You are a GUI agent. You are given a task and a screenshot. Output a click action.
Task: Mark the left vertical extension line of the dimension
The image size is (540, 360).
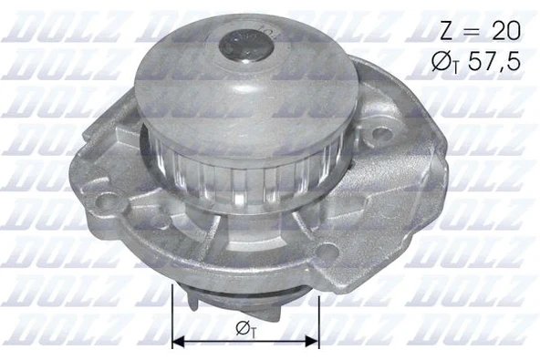(171, 314)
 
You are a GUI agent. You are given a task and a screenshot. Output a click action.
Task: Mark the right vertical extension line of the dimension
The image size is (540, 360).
(319, 314)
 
